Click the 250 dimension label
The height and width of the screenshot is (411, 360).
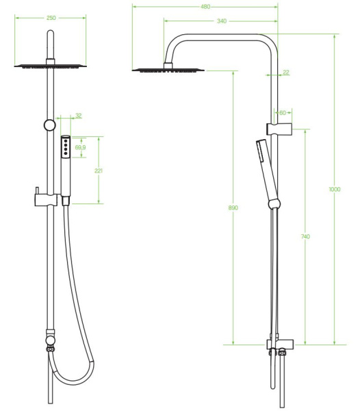click(x=51, y=18)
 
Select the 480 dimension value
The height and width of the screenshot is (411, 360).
click(x=205, y=7)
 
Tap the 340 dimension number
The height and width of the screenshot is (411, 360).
click(x=222, y=21)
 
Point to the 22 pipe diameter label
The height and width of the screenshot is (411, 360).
click(x=286, y=73)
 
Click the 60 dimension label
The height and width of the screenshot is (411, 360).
click(x=283, y=113)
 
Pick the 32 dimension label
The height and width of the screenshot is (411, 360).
click(x=78, y=116)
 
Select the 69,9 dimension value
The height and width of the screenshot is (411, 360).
click(x=80, y=147)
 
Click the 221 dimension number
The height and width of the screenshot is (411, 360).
click(x=99, y=171)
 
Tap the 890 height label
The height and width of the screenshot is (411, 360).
click(x=233, y=208)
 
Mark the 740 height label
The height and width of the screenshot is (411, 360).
click(x=305, y=237)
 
